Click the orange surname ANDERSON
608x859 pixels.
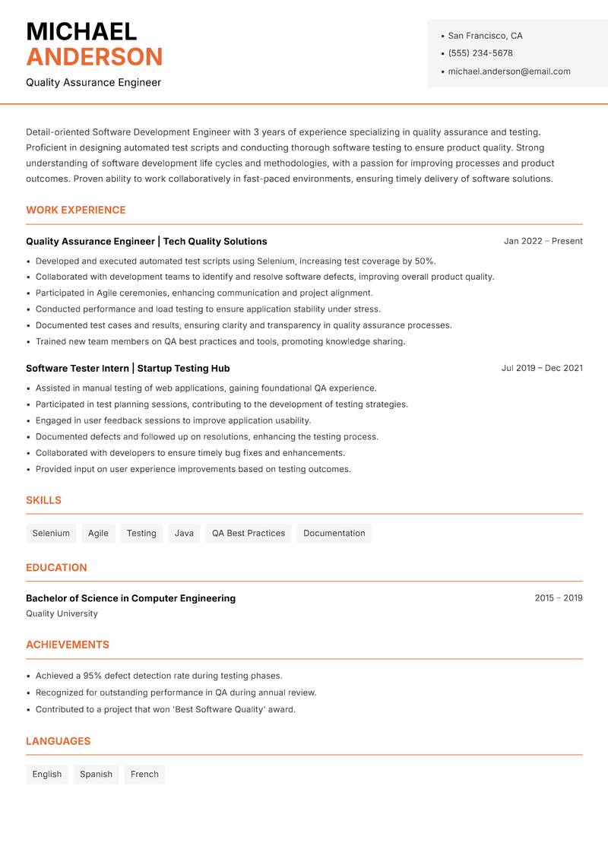[x=94, y=57]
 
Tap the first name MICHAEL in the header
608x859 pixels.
[x=81, y=31]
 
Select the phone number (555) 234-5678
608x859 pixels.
[x=480, y=53]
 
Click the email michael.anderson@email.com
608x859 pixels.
[x=508, y=71]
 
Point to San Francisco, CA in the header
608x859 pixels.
[x=485, y=36]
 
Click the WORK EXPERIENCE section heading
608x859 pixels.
[x=76, y=210]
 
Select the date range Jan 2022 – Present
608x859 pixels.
[x=543, y=241]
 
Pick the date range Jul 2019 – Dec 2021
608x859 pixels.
[x=542, y=368]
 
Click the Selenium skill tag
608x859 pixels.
[x=51, y=534]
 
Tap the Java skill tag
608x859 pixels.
[x=184, y=534]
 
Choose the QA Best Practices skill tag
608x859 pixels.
[x=249, y=534]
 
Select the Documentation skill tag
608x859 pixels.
[x=334, y=534]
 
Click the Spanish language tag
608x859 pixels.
[x=96, y=775]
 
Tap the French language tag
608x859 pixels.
[x=144, y=775]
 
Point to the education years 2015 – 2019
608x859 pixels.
[x=558, y=598]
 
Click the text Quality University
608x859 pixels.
[x=62, y=613]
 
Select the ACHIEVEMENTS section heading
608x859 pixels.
[x=68, y=645]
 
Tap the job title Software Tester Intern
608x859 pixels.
[x=78, y=368]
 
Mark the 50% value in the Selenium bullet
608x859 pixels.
[x=424, y=261]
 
